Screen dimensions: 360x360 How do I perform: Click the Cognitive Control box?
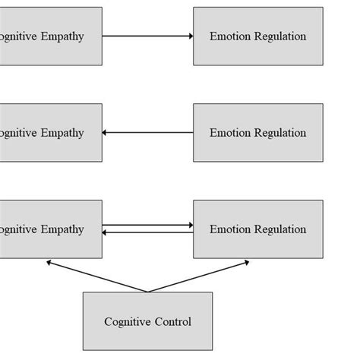[x=147, y=321]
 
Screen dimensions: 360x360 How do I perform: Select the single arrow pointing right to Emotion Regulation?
[x=147, y=36]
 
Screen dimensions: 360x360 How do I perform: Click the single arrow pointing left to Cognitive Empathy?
[x=147, y=133]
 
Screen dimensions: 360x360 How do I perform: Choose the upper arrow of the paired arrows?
[x=147, y=225]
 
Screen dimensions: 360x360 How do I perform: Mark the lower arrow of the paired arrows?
[x=147, y=233]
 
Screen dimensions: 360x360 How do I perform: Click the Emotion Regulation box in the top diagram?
[x=257, y=36]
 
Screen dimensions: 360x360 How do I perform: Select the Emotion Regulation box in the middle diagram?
[x=257, y=133]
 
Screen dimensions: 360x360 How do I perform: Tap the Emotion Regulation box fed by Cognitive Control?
[x=257, y=229]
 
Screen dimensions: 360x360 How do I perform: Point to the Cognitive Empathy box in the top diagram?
[x=50, y=36]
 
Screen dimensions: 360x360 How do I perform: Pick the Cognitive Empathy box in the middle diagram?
[x=50, y=133]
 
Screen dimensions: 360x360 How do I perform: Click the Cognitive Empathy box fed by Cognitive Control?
[x=50, y=229]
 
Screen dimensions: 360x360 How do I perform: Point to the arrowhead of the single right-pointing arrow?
[x=190, y=36]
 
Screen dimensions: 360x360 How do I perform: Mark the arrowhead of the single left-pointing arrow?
[x=106, y=133]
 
